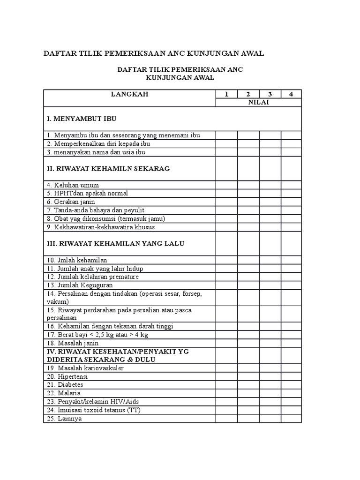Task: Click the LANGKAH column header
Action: point(129,94)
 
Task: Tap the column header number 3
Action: point(270,94)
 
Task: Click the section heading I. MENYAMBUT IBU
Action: point(82,119)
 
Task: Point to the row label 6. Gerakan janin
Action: point(71,202)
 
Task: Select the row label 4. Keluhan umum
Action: point(73,185)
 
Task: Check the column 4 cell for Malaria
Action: point(291,393)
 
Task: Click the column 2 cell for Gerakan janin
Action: point(248,202)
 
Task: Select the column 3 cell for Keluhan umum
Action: point(270,185)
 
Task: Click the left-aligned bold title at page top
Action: point(154,53)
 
